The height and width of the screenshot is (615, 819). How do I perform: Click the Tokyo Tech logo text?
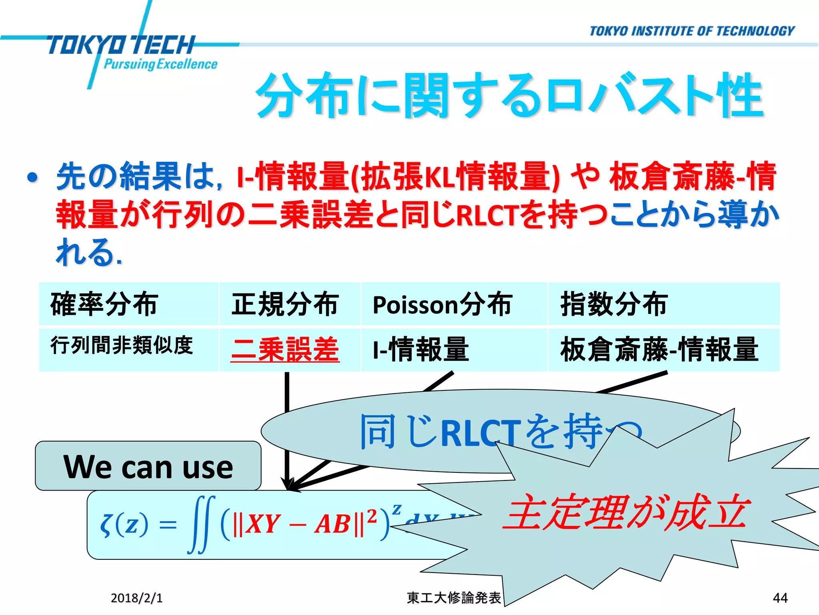[x=120, y=45]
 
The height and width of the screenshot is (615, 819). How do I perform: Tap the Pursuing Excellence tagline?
[x=160, y=64]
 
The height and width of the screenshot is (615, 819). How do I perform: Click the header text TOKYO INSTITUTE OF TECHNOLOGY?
[x=692, y=31]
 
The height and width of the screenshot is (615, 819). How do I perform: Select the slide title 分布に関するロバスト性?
[x=509, y=96]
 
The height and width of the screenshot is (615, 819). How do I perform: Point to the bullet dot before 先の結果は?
[x=32, y=177]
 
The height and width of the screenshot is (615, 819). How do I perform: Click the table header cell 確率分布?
[x=104, y=304]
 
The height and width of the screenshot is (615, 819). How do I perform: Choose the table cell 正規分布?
[x=285, y=304]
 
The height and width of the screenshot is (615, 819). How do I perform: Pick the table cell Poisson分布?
[x=442, y=304]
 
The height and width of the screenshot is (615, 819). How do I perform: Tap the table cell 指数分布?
[x=614, y=304]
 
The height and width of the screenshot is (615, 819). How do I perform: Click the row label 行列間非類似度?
[x=122, y=345]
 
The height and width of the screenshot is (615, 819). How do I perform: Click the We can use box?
[x=148, y=466]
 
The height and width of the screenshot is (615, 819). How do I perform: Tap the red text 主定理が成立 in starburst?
[x=624, y=513]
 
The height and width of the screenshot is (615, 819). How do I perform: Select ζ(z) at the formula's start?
[x=124, y=525]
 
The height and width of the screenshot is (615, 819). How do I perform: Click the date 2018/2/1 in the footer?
[x=136, y=598]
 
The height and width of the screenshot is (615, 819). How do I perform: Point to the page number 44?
[x=780, y=598]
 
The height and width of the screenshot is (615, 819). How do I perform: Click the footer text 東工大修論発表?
[x=453, y=598]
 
